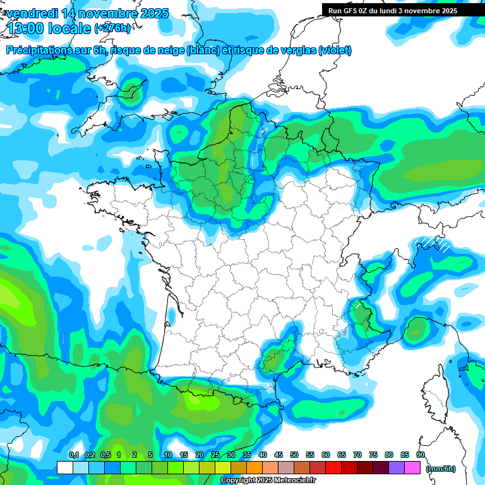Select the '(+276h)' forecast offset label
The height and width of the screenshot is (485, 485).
pos(112,28)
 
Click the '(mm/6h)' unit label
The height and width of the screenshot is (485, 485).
pos(440,468)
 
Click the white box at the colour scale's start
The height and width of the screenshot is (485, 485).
pos(64,468)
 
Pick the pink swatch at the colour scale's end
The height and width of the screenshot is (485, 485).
pos(412,468)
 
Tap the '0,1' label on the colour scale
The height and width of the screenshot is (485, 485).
pos(74,455)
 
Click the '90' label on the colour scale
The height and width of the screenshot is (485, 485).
pos(421,455)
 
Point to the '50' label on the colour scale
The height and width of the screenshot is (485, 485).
pos(294,455)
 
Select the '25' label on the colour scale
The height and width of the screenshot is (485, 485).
pos(215,455)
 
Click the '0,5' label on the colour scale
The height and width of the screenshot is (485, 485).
pos(105,455)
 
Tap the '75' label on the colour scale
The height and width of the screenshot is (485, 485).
pos(373,455)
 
